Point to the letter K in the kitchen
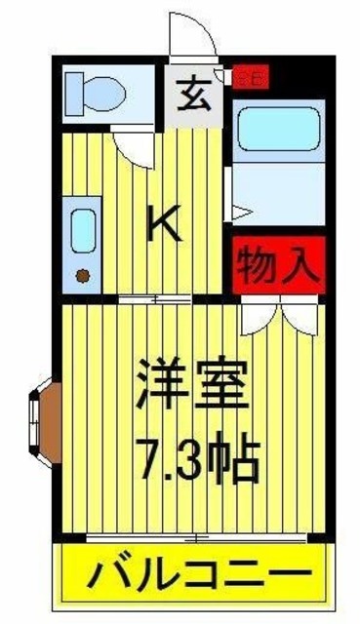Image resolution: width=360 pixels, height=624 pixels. click(164, 226)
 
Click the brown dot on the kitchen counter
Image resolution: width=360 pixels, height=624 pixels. click(82, 273)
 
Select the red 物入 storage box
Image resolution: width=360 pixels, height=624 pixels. click(277, 262)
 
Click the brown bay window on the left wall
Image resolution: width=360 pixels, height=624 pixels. click(48, 414)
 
